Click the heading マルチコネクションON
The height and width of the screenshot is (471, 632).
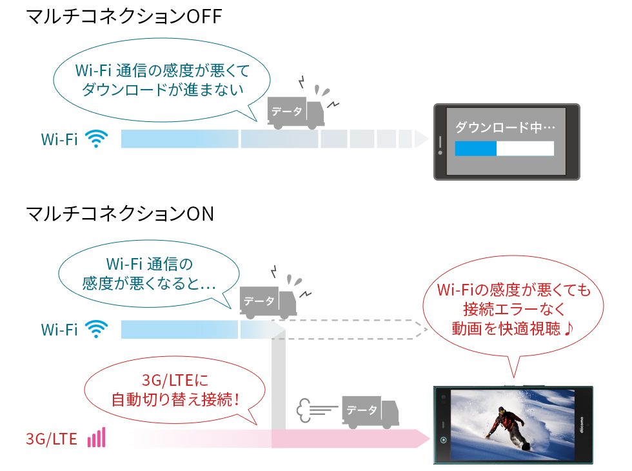pos(120,214)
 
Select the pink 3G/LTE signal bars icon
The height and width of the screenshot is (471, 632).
pos(96,439)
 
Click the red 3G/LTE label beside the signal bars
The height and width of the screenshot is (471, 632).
pos(52,440)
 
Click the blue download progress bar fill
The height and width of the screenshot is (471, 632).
pos(475,149)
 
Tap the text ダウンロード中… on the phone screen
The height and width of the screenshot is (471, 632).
pos(504,127)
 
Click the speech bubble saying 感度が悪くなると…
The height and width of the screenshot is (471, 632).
pos(148,274)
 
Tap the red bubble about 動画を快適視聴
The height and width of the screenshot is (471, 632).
pos(513,310)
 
